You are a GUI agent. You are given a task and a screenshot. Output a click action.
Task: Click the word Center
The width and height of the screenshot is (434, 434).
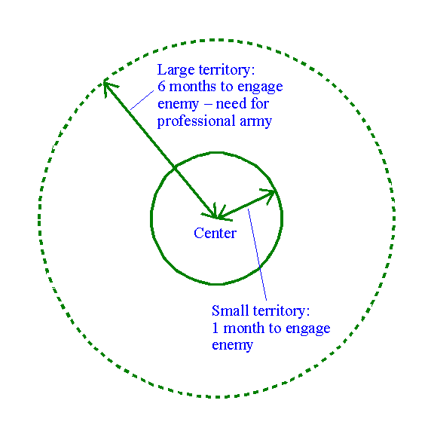[x=215, y=233]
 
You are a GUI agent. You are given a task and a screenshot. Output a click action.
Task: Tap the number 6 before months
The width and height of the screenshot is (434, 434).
[x=161, y=87]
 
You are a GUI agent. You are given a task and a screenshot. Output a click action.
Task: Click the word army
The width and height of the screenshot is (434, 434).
[x=255, y=122]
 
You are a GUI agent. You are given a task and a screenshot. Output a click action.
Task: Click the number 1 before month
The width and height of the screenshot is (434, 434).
[x=215, y=328]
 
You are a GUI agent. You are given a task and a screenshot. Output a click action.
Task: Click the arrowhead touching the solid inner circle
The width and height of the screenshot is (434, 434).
[x=269, y=194]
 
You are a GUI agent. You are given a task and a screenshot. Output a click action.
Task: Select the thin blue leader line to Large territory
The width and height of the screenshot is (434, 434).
[x=142, y=100]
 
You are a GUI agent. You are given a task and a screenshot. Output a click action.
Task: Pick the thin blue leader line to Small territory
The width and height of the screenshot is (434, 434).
[x=257, y=255]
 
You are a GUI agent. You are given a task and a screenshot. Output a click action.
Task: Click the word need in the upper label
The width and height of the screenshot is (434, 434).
[x=231, y=104]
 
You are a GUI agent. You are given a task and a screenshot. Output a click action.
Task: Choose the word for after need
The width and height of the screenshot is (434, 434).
[x=260, y=103]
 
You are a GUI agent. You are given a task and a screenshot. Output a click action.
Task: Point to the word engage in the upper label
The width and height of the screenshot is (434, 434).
[x=260, y=87]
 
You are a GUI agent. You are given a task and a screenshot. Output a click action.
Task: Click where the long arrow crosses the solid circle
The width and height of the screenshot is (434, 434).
[x=174, y=167]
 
